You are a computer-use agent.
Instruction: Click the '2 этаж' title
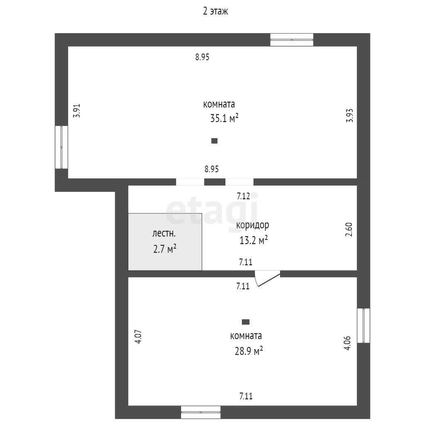[x=215, y=11]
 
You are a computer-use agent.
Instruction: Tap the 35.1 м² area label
[x=225, y=118]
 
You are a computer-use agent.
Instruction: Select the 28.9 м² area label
[x=249, y=351]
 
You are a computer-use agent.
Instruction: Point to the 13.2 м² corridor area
[x=254, y=240]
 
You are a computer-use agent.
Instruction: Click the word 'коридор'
[x=253, y=225]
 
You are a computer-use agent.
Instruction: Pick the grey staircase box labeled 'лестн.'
[x=165, y=242]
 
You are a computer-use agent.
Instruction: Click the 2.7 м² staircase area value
[x=165, y=249]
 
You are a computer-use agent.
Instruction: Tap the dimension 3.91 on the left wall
[x=77, y=110]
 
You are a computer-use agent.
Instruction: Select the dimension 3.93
[x=349, y=115]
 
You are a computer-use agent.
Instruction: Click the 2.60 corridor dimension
[x=349, y=230]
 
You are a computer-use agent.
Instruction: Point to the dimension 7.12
[x=243, y=196]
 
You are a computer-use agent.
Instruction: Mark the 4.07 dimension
[x=138, y=337]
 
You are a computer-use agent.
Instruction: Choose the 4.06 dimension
[x=347, y=343]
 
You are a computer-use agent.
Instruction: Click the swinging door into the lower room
[x=267, y=278]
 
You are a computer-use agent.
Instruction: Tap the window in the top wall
[x=292, y=40]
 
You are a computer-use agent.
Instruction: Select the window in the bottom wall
[x=201, y=412]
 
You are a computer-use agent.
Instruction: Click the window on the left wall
[x=61, y=147]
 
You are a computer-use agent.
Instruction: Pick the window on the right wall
[x=364, y=325]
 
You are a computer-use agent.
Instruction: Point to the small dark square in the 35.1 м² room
[x=215, y=141]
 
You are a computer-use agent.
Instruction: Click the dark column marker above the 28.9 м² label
[x=246, y=322]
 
